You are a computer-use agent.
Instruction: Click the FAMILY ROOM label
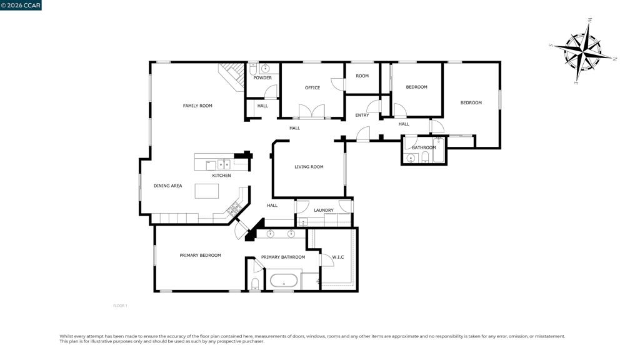(197, 106)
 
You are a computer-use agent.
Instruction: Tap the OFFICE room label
(312, 87)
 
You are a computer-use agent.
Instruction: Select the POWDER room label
(262, 77)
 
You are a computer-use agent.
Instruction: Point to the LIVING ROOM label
(309, 166)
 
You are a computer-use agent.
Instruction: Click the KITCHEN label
(221, 176)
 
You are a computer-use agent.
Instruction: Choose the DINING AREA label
(167, 186)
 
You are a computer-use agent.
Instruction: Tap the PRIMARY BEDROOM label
(201, 256)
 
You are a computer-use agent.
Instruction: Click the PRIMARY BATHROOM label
(283, 257)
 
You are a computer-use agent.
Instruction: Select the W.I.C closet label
(338, 257)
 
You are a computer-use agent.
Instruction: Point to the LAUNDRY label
(324, 210)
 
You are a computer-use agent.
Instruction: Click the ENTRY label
(362, 115)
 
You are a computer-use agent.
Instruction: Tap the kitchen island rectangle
(206, 191)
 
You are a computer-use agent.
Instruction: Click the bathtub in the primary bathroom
(284, 281)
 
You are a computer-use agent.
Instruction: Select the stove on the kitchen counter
(234, 209)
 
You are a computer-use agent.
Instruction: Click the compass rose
(582, 51)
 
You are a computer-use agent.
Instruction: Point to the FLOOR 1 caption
(120, 306)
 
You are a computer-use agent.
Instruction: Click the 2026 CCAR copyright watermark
(21, 5)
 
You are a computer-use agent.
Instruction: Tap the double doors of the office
(312, 111)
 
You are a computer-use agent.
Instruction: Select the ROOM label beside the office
(362, 76)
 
